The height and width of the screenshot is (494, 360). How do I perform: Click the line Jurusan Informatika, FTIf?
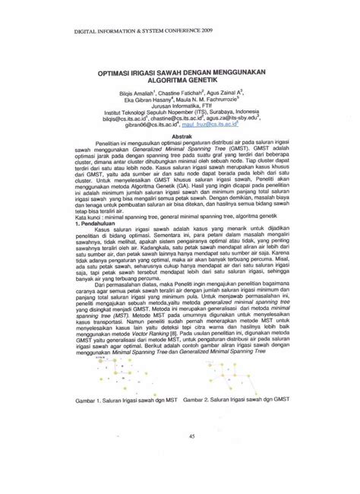pyautogui.click(x=180, y=107)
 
